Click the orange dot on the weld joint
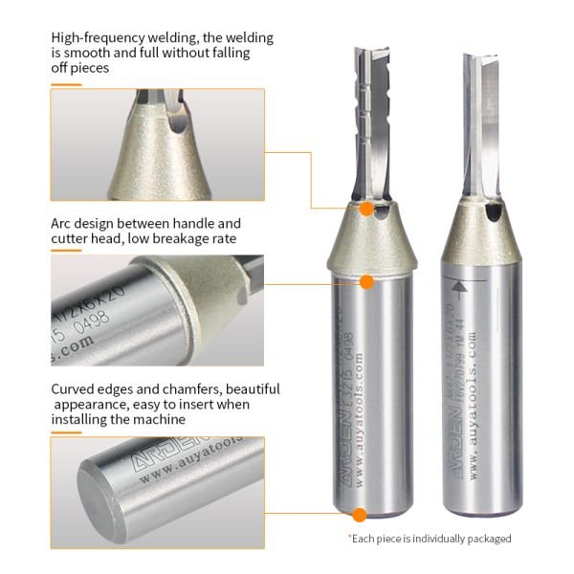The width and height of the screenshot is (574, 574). coord(366,208)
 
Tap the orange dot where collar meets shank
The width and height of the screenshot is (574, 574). coord(366,282)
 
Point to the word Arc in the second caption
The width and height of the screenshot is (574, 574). coord(63,223)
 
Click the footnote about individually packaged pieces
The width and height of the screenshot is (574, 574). coord(431,539)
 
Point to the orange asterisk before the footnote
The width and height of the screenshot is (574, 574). coord(349,538)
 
